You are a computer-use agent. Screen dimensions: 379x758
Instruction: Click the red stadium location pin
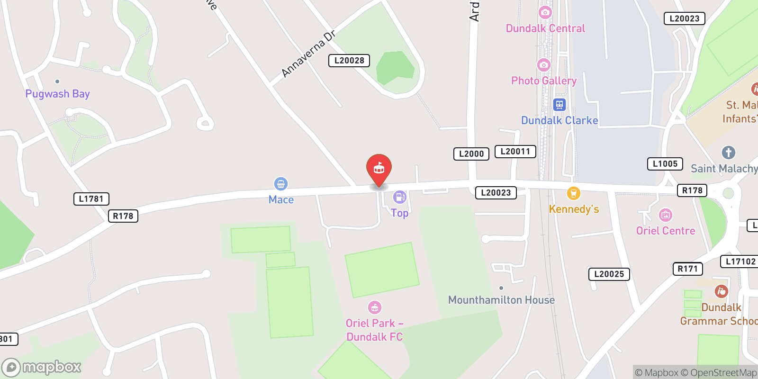(379, 169)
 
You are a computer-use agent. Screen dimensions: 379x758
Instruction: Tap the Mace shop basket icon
(281, 184)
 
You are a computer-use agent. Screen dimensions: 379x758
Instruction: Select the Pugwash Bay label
(57, 94)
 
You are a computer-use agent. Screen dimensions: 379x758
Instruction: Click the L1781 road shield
(91, 199)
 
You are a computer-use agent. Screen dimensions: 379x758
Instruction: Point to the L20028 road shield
(349, 61)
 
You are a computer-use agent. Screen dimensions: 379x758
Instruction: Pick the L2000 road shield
(471, 154)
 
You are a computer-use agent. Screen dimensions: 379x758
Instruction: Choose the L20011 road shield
(515, 152)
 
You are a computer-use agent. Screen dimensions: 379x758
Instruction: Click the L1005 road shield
(665, 164)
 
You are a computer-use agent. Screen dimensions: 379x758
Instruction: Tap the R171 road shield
(687, 269)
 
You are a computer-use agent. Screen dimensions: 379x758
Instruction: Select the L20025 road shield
(609, 274)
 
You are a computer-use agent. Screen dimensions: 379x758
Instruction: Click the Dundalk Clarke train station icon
(559, 105)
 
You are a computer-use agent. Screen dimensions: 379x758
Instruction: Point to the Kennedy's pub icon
(573, 193)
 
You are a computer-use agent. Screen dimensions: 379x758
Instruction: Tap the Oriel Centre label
(666, 231)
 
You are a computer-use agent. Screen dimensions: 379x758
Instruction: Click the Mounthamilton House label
(501, 300)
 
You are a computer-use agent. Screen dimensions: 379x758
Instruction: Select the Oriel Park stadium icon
(375, 307)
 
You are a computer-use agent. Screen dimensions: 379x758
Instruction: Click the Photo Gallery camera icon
(544, 65)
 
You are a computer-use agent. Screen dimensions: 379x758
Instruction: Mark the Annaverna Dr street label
(308, 54)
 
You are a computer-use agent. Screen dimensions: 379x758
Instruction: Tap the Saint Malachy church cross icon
(728, 153)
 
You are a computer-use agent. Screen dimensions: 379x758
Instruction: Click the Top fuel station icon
(399, 197)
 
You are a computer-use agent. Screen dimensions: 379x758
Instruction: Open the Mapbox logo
(42, 367)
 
